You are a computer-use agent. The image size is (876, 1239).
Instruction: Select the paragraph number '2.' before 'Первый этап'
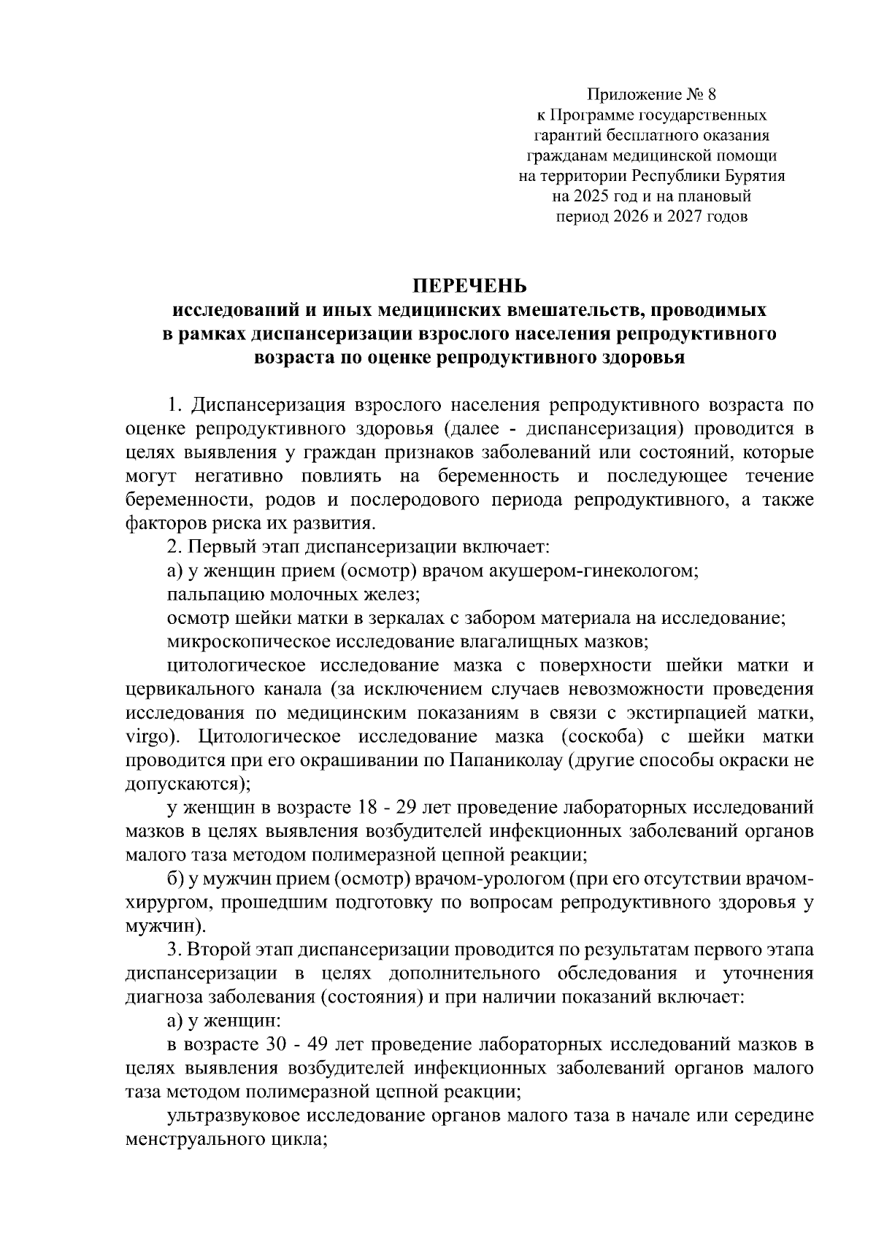[x=174, y=547]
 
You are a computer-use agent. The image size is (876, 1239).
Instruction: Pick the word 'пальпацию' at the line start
[x=211, y=595]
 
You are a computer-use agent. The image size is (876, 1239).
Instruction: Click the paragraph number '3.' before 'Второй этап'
[x=174, y=950]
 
